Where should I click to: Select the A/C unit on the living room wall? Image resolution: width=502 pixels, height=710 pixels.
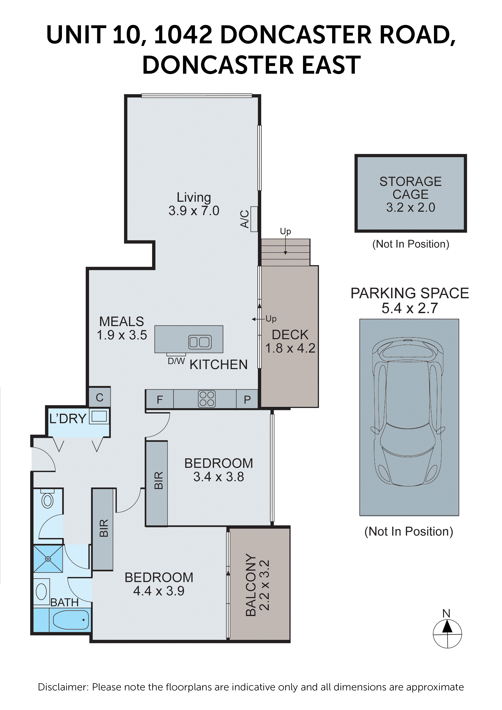pos(254,219)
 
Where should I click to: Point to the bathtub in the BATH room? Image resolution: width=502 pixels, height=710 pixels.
pos(71,620)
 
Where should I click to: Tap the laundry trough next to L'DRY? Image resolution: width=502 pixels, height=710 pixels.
pos(99,416)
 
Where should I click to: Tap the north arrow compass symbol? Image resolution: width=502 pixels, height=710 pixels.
pos(447,633)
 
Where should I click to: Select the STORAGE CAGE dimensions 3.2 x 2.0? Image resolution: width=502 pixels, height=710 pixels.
pos(411,207)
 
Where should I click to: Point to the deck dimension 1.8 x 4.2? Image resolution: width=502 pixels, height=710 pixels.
pos(290,348)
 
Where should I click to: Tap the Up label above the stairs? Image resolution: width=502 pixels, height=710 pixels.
pos(285,231)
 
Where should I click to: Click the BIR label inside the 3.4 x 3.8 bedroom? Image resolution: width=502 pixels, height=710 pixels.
pos(158,480)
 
